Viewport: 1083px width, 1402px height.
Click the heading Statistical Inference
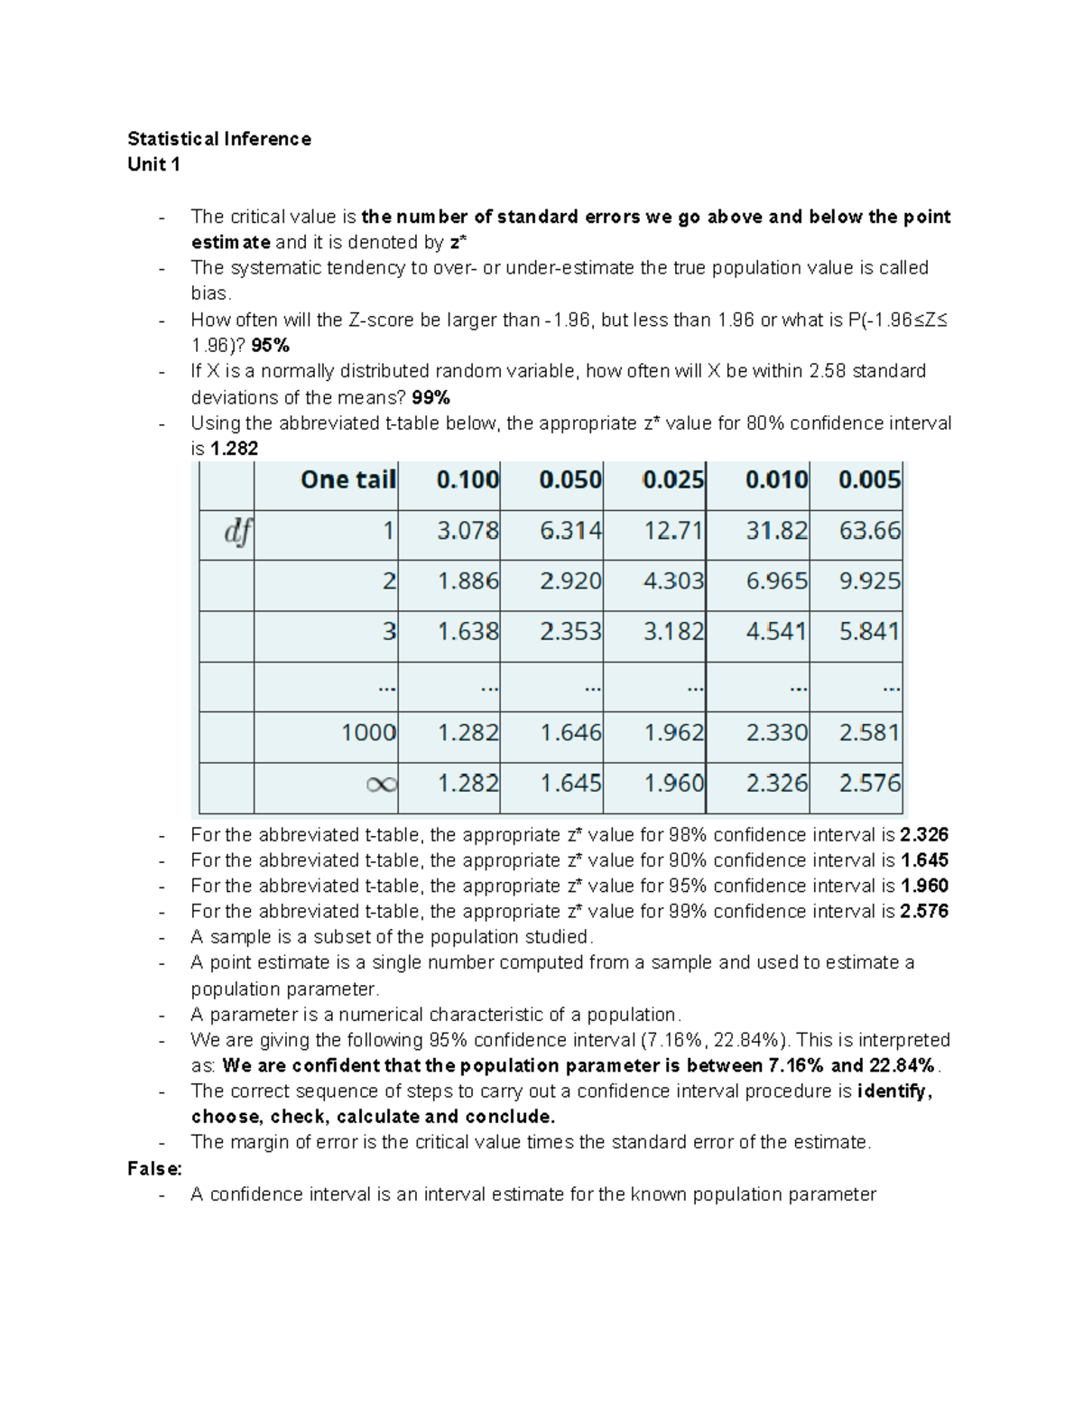click(219, 139)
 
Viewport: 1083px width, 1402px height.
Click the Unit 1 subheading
click(153, 164)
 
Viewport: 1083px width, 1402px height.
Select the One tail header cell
click(347, 479)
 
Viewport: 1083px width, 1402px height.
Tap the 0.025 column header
click(672, 479)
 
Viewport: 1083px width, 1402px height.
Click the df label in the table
click(237, 532)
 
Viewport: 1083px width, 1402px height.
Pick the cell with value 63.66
click(869, 530)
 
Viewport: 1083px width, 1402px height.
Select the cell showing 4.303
click(673, 580)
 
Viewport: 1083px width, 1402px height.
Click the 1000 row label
click(368, 732)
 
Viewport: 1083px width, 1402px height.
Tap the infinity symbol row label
click(381, 784)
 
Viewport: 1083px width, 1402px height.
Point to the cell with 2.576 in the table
click(869, 783)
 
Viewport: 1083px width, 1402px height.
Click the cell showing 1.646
click(570, 732)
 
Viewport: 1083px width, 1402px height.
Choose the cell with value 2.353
click(570, 631)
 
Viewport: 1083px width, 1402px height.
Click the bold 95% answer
click(270, 346)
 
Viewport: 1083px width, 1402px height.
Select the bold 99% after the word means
click(430, 397)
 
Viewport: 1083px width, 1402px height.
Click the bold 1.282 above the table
click(234, 449)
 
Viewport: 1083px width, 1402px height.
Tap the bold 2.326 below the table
click(924, 835)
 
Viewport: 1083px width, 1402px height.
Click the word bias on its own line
click(210, 294)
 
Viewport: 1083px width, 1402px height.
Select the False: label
click(154, 1169)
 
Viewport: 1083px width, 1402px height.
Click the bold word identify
click(893, 1091)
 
